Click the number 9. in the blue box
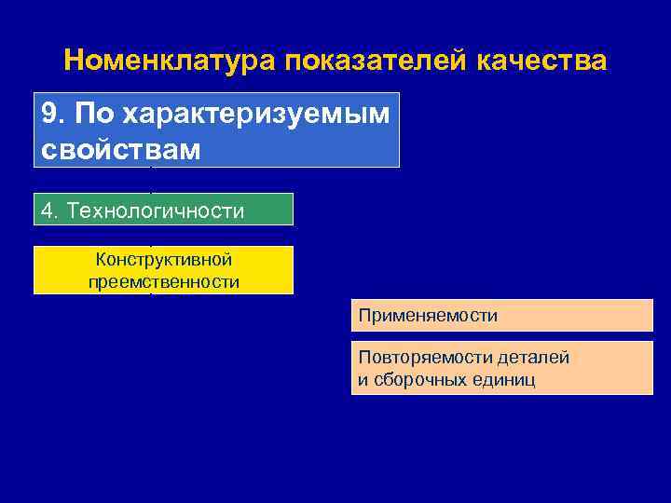pos(53,114)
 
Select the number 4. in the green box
pos(49,211)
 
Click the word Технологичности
pos(156,211)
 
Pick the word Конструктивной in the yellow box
pos(164,260)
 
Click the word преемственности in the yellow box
pos(164,281)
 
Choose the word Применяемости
pos(428,316)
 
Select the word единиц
pos(503,380)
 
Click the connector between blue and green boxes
pos(151,180)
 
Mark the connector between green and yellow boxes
pos(151,236)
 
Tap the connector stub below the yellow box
pos(151,295)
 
